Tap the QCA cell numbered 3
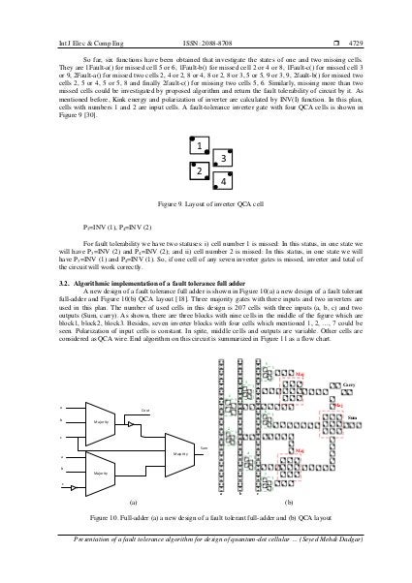click(x=224, y=157)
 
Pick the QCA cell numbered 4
click(x=224, y=180)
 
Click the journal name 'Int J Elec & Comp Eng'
click(x=54, y=15)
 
